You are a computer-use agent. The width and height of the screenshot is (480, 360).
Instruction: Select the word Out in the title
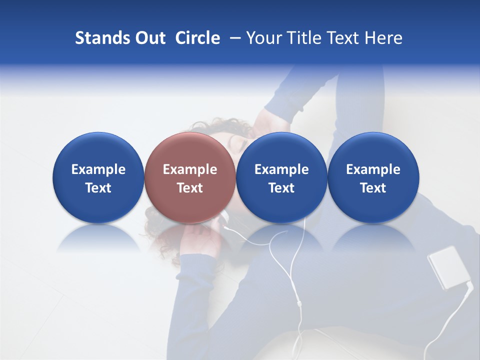point(148,38)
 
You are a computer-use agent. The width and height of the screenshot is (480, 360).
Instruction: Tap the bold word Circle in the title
point(197,38)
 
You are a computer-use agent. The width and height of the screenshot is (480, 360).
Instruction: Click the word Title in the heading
point(306,38)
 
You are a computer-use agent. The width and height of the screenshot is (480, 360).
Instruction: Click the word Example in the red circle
point(190,169)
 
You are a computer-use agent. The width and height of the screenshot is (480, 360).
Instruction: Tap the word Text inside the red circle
point(190,188)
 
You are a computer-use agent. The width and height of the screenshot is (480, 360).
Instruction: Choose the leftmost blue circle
point(98,150)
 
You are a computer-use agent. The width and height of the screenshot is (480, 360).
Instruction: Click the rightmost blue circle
point(373,150)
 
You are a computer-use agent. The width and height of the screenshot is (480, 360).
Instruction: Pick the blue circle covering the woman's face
point(281,150)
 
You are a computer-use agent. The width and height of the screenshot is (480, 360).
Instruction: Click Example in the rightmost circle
point(373,169)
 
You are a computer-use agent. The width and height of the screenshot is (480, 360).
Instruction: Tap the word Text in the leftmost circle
point(98,188)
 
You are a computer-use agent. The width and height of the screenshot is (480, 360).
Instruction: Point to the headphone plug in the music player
point(468,286)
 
